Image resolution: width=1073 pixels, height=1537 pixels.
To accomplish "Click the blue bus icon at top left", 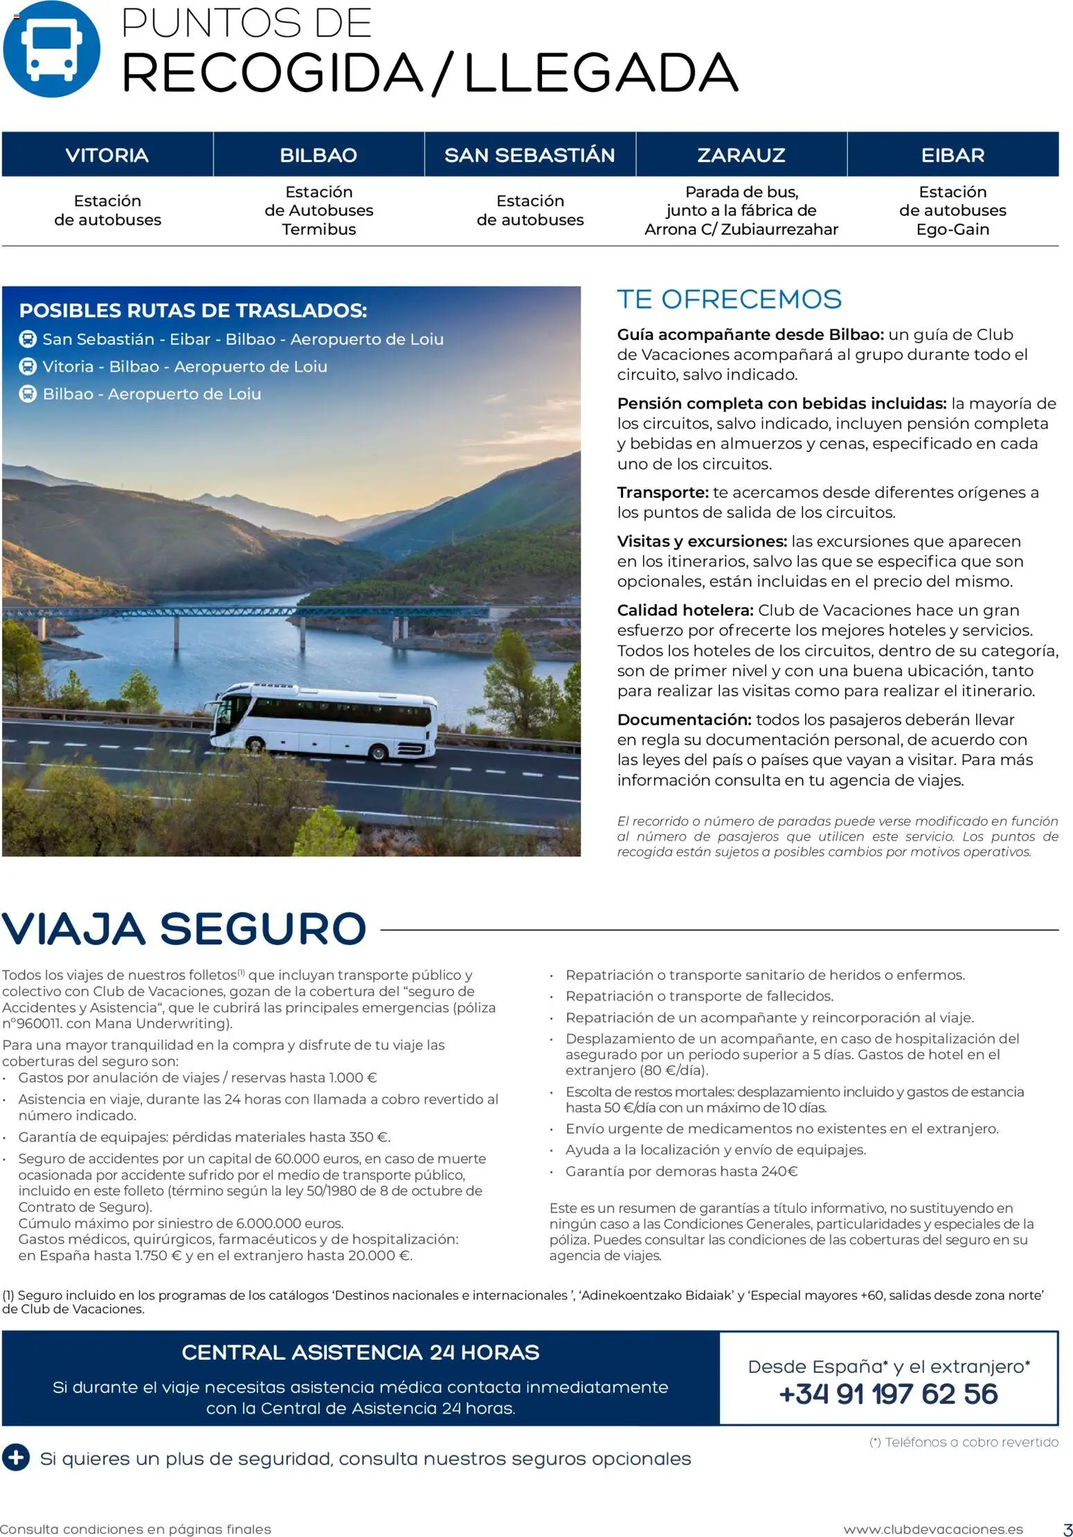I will tap(51, 49).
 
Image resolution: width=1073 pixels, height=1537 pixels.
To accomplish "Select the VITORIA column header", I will tap(107, 154).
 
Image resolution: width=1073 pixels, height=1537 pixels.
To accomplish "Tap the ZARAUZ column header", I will tap(741, 154).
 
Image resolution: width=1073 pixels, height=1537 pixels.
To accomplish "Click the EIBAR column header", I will tap(953, 154).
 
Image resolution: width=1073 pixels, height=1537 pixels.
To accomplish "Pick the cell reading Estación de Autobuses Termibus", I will tap(318, 210).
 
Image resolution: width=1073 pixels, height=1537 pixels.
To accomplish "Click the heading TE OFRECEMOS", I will tap(729, 299).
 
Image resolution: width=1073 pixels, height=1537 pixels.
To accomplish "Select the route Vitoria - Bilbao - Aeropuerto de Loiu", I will tap(185, 366).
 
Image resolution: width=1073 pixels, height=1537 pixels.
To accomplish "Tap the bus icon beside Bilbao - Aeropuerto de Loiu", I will tap(27, 394).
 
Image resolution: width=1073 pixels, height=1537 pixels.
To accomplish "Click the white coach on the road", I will tap(325, 719).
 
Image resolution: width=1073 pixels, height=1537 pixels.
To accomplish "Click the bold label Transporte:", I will tap(662, 492).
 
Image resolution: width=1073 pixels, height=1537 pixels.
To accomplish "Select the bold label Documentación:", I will tap(684, 719).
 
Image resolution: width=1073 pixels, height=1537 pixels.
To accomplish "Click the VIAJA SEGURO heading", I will tap(184, 928).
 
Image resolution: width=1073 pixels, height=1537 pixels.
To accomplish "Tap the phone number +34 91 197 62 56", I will tap(888, 1394).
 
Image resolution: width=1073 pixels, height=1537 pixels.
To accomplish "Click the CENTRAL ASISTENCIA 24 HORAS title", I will tap(360, 1352).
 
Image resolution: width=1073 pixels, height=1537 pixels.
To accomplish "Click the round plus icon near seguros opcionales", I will tap(16, 1457).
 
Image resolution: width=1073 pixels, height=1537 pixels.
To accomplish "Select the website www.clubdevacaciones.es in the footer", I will tap(932, 1529).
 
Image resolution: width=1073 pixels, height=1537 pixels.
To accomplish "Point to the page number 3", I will tap(1067, 1529).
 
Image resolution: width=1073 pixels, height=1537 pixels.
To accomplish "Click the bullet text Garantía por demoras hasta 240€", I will tap(681, 1171).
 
